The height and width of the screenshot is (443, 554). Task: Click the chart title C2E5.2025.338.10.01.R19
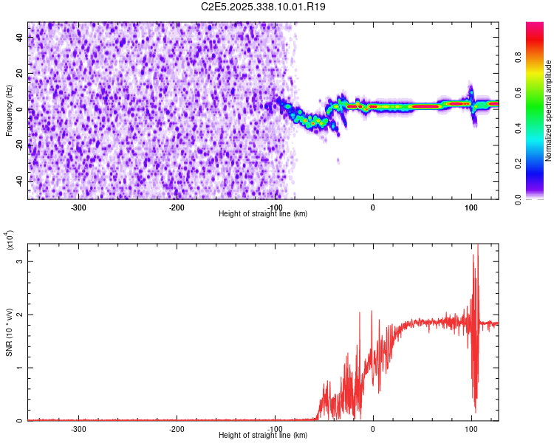coord(264,7)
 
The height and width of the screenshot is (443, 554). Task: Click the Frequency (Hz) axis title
coord(9,110)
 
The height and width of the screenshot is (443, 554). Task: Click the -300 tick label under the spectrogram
coord(78,207)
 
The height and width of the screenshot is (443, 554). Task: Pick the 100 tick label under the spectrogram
coord(471,207)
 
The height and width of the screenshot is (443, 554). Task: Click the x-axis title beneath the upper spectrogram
coord(263,214)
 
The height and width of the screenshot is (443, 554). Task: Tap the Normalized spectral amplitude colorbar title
coord(549,111)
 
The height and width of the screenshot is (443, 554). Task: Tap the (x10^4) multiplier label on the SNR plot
coord(9,240)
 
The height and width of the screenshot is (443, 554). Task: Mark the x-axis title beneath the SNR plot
coord(263,436)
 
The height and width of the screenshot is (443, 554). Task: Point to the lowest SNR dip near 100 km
coord(475,412)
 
